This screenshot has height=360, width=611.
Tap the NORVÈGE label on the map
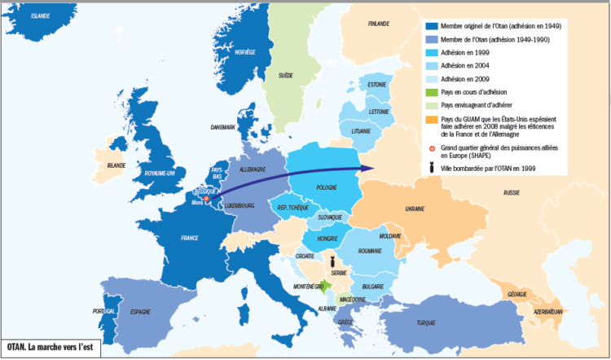click(x=245, y=52)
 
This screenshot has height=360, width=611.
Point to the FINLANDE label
click(x=379, y=24)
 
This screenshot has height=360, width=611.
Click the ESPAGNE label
click(x=143, y=311)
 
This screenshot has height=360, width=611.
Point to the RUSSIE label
click(x=512, y=193)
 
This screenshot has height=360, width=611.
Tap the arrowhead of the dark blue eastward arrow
click(x=366, y=169)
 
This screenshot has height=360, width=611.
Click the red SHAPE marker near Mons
click(x=206, y=198)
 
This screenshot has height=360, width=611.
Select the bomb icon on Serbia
click(x=328, y=263)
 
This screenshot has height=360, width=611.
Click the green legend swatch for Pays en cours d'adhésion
click(x=431, y=91)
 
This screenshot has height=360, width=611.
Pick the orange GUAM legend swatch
click(x=431, y=119)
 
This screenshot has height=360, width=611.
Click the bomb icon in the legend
click(x=432, y=168)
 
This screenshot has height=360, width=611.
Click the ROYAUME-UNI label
click(x=159, y=174)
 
